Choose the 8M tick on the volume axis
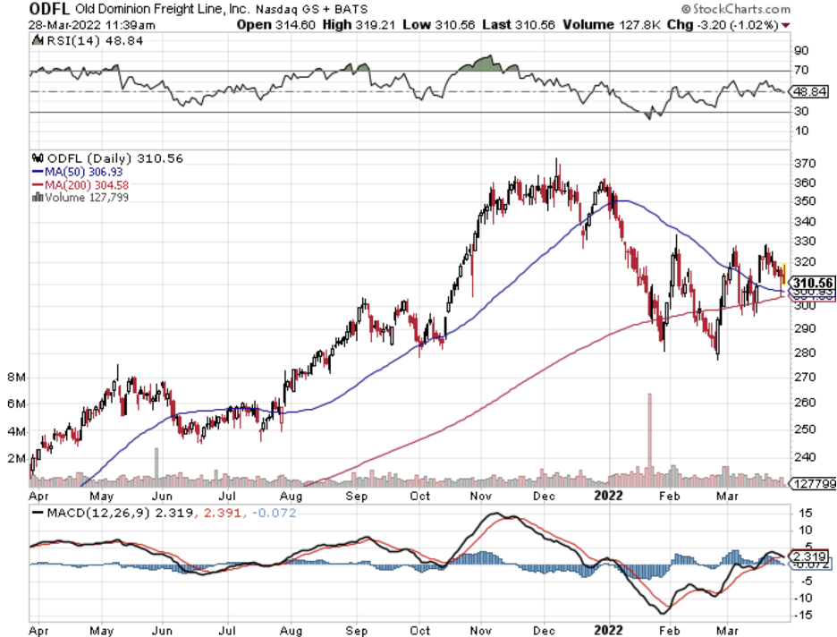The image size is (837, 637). tap(17, 378)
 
